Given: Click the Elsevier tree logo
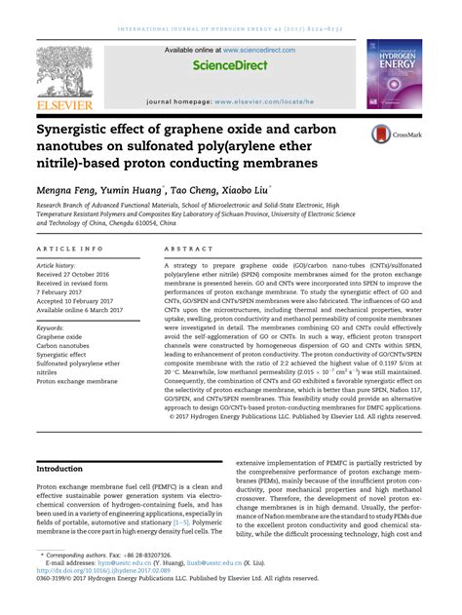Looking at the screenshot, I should point(66,71).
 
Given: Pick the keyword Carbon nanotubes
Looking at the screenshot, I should point(64,346).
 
